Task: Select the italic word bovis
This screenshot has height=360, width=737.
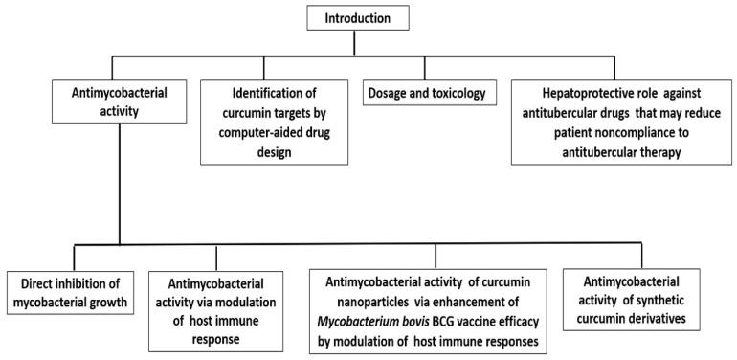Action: pos(434,319)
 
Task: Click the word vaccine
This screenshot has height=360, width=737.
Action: pos(498,319)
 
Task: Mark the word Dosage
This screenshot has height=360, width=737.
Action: pos(389,94)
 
